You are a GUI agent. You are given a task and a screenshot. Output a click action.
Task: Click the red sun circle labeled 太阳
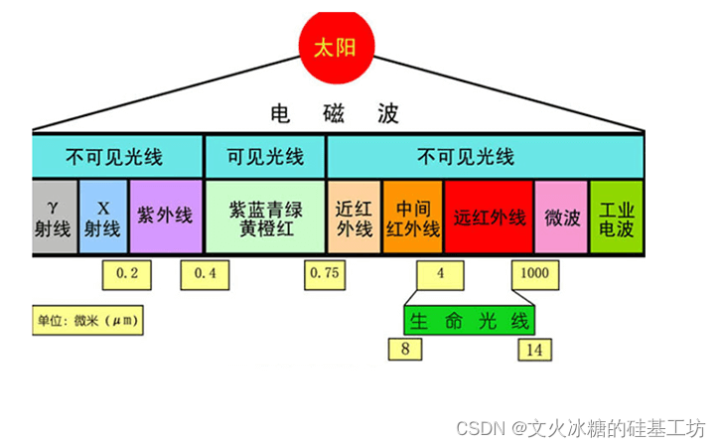(x=335, y=47)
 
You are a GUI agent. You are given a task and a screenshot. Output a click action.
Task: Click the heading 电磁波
(x=335, y=113)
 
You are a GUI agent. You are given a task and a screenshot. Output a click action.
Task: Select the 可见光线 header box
(x=264, y=157)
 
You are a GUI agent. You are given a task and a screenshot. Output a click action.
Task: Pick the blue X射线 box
(x=103, y=216)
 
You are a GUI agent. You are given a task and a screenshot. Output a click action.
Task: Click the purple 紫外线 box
(x=165, y=216)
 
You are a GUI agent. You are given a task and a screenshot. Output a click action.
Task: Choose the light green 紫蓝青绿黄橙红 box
(x=264, y=216)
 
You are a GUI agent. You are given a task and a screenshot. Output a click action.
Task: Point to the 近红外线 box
(x=353, y=216)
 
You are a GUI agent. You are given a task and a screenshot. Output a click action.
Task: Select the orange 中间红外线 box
(x=412, y=216)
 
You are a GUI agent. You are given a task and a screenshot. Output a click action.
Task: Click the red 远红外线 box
(x=489, y=216)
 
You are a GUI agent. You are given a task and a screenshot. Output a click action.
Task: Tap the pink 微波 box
(x=561, y=216)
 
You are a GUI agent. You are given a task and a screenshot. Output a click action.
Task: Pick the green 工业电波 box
(x=617, y=216)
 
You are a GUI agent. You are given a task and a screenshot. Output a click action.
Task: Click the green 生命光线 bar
(x=469, y=320)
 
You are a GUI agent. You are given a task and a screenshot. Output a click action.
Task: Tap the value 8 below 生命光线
(x=404, y=349)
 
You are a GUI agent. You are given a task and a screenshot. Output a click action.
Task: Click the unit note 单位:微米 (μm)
(x=86, y=321)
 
